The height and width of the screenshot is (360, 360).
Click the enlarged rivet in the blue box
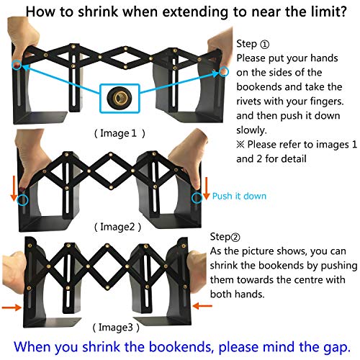[x=120, y=97]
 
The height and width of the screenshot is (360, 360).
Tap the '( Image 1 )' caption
[x=120, y=133]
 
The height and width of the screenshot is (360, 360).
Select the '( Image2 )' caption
[x=117, y=227]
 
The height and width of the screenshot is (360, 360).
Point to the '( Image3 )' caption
[x=116, y=328]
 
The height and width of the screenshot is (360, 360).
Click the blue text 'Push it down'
[x=239, y=196]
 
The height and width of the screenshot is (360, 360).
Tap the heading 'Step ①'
[x=253, y=44]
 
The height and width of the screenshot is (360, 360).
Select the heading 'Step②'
[x=225, y=237]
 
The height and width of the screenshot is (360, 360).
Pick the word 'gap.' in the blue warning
[x=337, y=348]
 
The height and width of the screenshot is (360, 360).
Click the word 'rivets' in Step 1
[x=248, y=102]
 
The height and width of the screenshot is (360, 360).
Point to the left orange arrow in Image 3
[x=12, y=307]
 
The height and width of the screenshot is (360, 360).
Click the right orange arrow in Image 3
[x=202, y=306]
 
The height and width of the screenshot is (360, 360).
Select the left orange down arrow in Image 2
[x=14, y=189]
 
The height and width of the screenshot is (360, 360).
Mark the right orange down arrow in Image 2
[x=206, y=189]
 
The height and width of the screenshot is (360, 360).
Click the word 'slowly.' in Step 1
[x=251, y=130]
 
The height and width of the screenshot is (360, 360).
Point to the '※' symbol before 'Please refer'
[x=240, y=145]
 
